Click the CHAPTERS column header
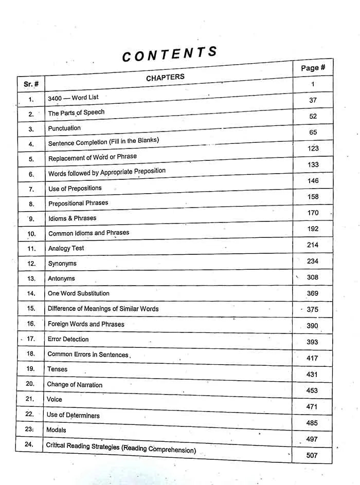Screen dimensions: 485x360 pyautogui.click(x=165, y=78)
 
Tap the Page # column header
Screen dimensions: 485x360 pyautogui.click(x=313, y=68)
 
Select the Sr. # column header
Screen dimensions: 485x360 pyautogui.click(x=31, y=84)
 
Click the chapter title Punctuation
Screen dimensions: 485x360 pyautogui.click(x=64, y=128)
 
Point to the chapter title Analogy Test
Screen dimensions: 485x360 pyautogui.click(x=66, y=248)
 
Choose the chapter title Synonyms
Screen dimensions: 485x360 pyautogui.click(x=62, y=264)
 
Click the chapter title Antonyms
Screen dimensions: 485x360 pyautogui.click(x=61, y=278)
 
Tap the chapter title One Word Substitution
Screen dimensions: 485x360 pyautogui.click(x=78, y=293)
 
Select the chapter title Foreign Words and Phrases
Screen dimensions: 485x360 pyautogui.click(x=86, y=324)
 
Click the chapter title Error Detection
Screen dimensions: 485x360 pyautogui.click(x=68, y=339)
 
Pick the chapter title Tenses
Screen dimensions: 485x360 pyautogui.click(x=57, y=369)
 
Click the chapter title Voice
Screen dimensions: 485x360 pyautogui.click(x=55, y=399)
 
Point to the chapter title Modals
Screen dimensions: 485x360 pyautogui.click(x=56, y=430)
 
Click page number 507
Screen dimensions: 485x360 pyautogui.click(x=312, y=455)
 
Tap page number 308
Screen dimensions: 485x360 pyautogui.click(x=312, y=277)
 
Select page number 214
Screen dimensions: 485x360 pyautogui.click(x=312, y=245)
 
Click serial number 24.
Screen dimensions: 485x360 pyautogui.click(x=29, y=444)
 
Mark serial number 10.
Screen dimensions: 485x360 pyautogui.click(x=31, y=234)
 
